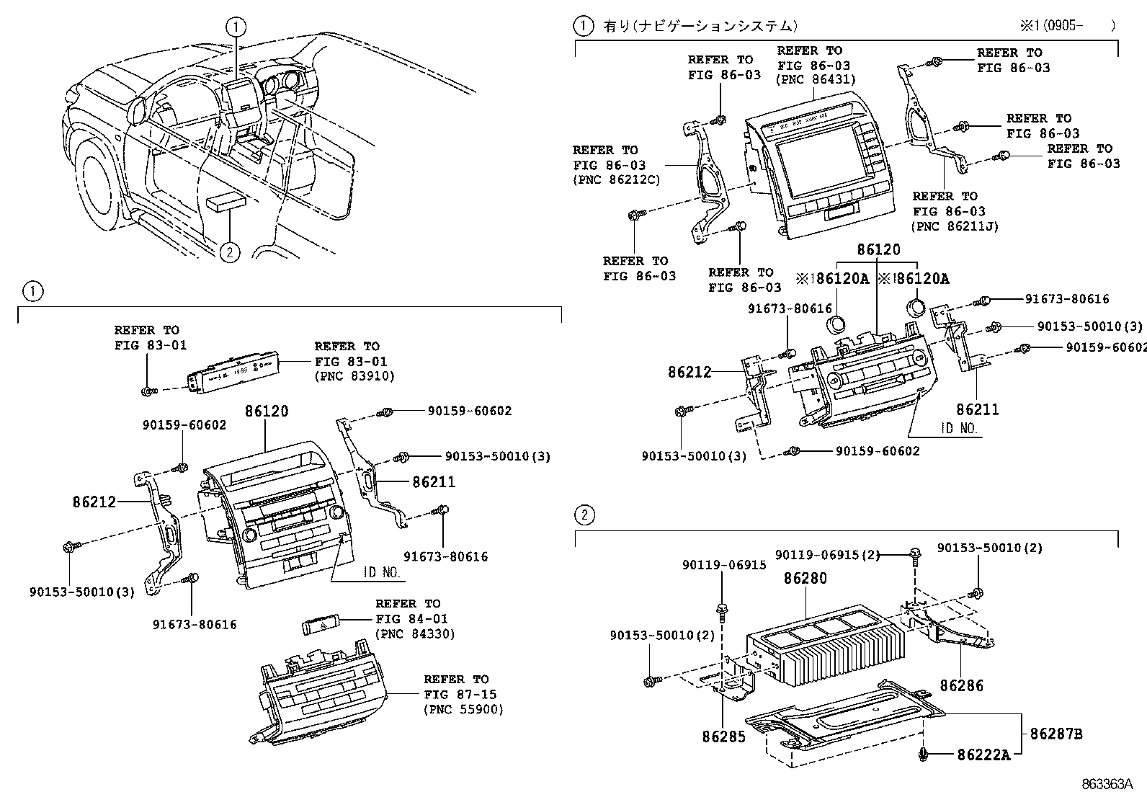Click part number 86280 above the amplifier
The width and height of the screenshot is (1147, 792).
[x=805, y=578]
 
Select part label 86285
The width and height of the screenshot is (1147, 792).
[x=724, y=737]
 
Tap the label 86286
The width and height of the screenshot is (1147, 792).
[x=962, y=686]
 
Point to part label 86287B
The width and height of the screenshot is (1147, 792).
[x=1055, y=734]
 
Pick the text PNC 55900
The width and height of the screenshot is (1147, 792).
[x=463, y=709]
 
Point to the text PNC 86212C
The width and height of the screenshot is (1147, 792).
[x=616, y=180]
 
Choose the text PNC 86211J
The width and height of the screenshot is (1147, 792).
[x=955, y=226]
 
